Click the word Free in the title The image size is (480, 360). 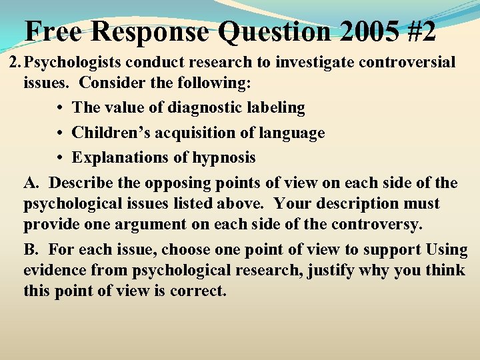pos(53,31)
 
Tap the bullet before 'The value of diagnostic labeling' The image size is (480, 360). pos(60,108)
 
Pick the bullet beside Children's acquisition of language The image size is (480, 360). pos(60,133)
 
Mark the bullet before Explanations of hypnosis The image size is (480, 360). pos(60,158)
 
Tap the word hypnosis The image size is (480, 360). pos(222,158)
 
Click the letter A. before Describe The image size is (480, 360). pos(31,182)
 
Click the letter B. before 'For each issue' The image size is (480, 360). pos(31,250)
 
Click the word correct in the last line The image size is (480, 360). pos(200,291)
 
